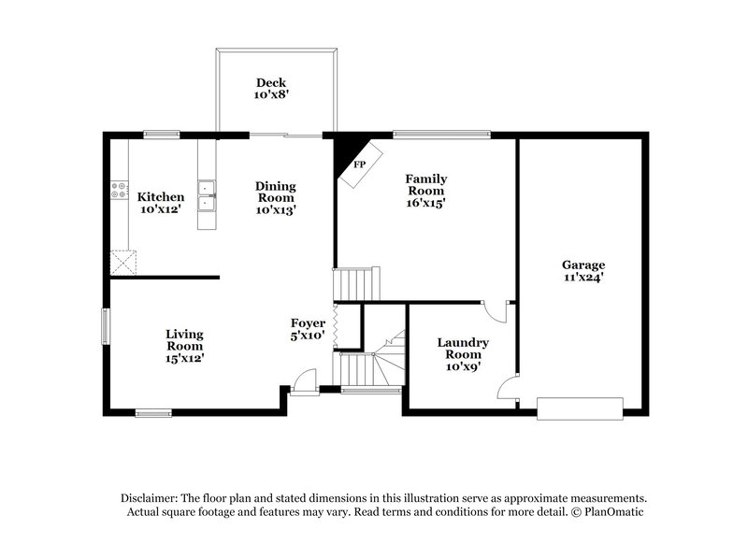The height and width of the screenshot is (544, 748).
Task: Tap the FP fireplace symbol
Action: click(358, 165)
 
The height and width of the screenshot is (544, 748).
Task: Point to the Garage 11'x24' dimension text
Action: click(583, 278)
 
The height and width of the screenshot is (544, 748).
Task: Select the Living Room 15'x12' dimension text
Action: click(185, 357)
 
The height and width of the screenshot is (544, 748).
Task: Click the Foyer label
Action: click(308, 322)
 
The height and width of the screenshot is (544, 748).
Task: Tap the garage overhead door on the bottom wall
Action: click(580, 408)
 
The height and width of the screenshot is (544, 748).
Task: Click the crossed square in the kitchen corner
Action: click(122, 261)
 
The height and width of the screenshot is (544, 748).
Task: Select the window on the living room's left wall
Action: click(106, 326)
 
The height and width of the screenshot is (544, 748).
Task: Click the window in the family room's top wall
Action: click(440, 134)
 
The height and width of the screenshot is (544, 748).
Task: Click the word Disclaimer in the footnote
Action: click(151, 498)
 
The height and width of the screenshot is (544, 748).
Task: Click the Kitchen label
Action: click(160, 197)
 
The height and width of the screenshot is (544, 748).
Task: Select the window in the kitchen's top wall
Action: click(160, 135)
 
